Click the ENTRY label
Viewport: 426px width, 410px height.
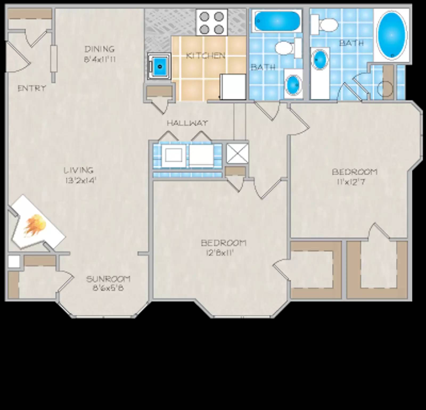coord(32,88)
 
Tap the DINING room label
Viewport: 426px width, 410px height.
coord(100,49)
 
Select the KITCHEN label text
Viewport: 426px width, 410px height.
coord(205,56)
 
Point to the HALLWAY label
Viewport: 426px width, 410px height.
coord(187,123)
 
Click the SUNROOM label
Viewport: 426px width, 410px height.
coord(108,279)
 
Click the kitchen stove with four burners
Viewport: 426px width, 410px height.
coord(212,22)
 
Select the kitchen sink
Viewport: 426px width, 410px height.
coord(159,66)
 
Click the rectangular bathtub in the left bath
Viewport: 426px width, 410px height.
coord(277,21)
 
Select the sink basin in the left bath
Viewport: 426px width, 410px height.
coord(293,84)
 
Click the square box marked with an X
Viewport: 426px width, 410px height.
coord(237,153)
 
